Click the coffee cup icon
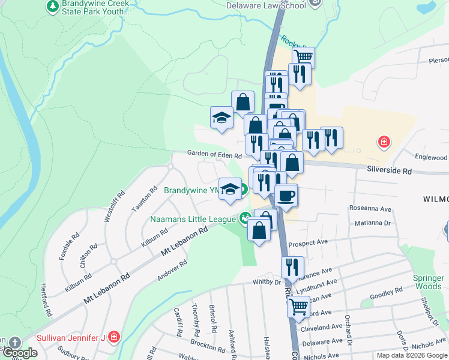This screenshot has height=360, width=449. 286,195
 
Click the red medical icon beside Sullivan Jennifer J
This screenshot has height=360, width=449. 113,337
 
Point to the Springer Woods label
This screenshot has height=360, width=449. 428,283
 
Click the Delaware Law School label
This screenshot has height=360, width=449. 266,5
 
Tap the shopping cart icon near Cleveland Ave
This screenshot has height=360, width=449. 298,307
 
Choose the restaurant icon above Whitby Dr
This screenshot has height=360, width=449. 292,268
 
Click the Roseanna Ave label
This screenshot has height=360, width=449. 370,209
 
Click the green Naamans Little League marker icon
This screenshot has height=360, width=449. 245,218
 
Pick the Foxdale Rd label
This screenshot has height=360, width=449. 65,247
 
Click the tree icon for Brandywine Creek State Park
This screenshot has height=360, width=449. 53,7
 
